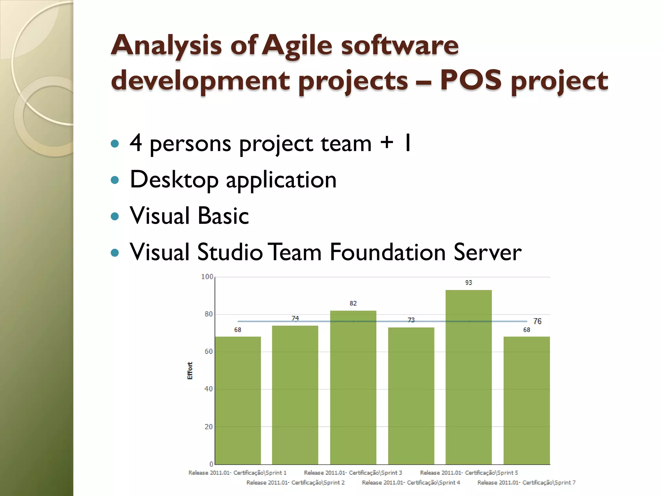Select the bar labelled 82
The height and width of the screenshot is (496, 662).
click(x=353, y=387)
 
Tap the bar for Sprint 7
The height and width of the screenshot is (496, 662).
click(x=527, y=400)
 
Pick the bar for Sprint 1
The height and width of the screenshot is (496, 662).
click(x=238, y=400)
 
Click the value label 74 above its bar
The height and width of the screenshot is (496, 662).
click(x=295, y=318)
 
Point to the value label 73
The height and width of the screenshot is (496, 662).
click(x=411, y=320)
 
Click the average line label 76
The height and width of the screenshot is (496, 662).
click(x=537, y=321)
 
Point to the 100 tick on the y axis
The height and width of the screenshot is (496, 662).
click(x=207, y=277)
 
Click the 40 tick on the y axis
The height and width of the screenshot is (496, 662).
click(x=208, y=389)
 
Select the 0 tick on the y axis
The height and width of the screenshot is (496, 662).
click(x=211, y=464)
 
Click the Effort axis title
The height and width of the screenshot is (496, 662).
click(x=190, y=370)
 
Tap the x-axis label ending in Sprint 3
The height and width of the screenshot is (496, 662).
click(x=353, y=473)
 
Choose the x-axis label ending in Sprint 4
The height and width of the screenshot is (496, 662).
click(x=411, y=482)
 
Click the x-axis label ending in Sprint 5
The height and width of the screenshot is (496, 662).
click(x=469, y=473)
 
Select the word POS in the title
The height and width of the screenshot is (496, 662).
click(x=471, y=80)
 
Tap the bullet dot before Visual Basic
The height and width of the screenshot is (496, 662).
click(x=115, y=216)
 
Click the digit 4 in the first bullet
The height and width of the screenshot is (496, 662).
click(x=136, y=142)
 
